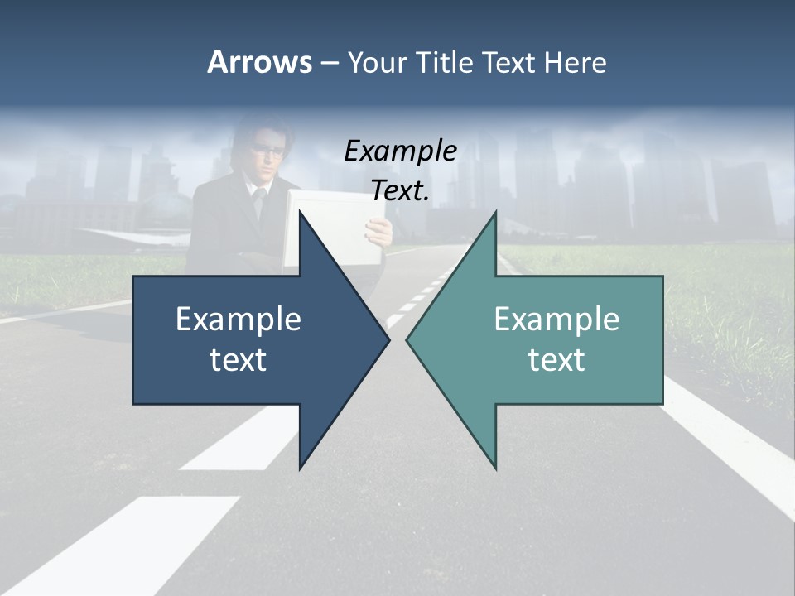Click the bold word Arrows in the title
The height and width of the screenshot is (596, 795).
click(x=259, y=62)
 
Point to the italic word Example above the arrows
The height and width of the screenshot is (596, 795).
click(x=400, y=151)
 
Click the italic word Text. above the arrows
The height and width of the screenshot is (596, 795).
click(x=400, y=191)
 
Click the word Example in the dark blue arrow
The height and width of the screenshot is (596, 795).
click(x=238, y=320)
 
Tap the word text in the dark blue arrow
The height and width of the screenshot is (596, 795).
click(x=238, y=360)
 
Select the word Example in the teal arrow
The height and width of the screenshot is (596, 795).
click(x=556, y=320)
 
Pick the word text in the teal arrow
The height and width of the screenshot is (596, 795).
click(x=556, y=360)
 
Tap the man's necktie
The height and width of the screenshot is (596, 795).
click(x=259, y=202)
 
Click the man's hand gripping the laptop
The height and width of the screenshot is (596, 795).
click(x=379, y=233)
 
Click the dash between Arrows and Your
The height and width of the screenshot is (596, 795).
click(x=329, y=63)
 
